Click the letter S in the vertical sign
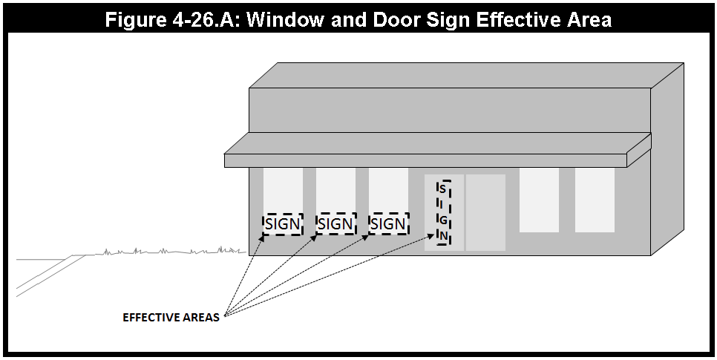pyautogui.click(x=442, y=189)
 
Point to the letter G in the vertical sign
pyautogui.click(x=443, y=220)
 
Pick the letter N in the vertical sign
pyautogui.click(x=443, y=236)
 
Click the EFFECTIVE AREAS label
pyautogui.click(x=171, y=318)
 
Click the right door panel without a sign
pyautogui.click(x=485, y=212)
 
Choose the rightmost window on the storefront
pyautogui.click(x=595, y=200)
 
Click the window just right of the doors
pyautogui.click(x=539, y=200)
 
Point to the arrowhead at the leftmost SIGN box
pyautogui.click(x=261, y=238)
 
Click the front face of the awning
pyautogui.click(x=425, y=160)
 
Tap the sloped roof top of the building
pyautogui.click(x=466, y=75)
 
